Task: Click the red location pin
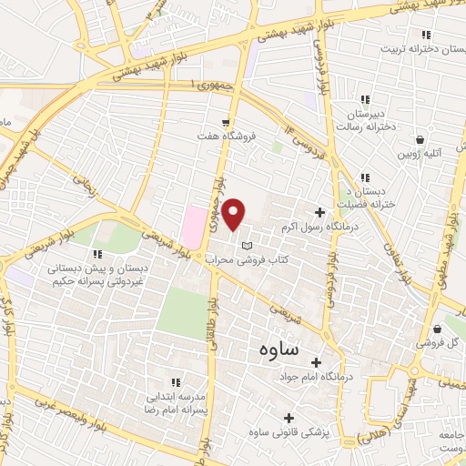[234, 215]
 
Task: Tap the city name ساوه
[273, 349]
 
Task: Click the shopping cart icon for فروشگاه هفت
[226, 122]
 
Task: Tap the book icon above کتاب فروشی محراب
[246, 246]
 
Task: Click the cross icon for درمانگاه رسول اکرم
[319, 211]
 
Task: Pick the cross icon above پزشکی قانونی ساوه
[289, 418]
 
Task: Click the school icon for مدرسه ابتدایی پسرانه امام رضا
[176, 382]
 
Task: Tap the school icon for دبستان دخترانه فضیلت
[364, 177]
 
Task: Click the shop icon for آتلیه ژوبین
[420, 140]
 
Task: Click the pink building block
[194, 225]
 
